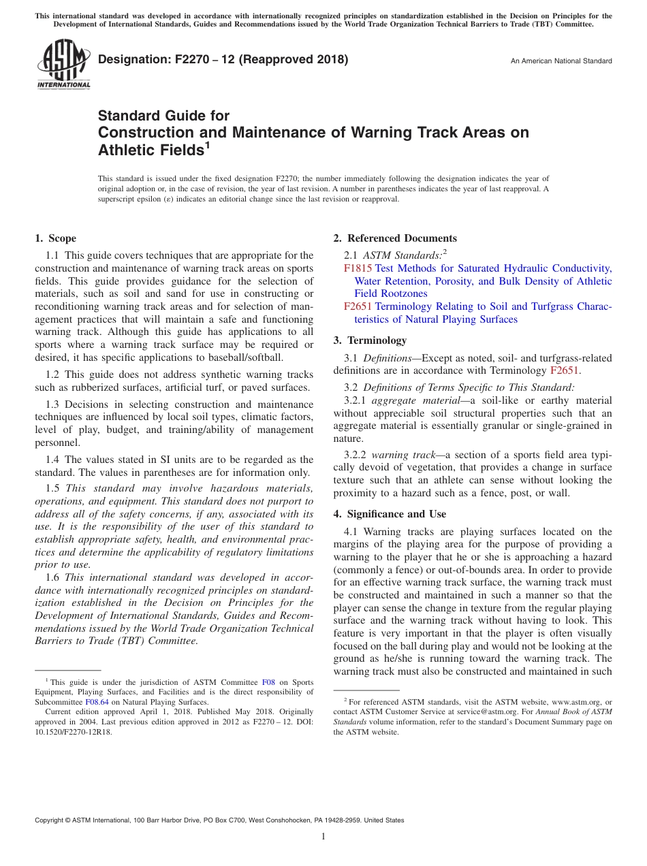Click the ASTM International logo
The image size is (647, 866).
point(63,65)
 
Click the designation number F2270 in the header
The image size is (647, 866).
point(172,60)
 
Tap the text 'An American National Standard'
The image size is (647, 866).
point(561,61)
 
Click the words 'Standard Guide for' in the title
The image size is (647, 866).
point(163,116)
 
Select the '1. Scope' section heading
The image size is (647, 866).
point(55,238)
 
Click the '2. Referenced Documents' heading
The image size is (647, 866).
point(395,238)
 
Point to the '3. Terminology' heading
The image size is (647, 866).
point(370,340)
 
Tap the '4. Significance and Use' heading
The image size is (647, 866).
point(390,514)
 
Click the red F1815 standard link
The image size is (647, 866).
point(358,268)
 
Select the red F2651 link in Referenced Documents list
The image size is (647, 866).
point(358,306)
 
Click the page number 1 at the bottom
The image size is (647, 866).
point(323,836)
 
